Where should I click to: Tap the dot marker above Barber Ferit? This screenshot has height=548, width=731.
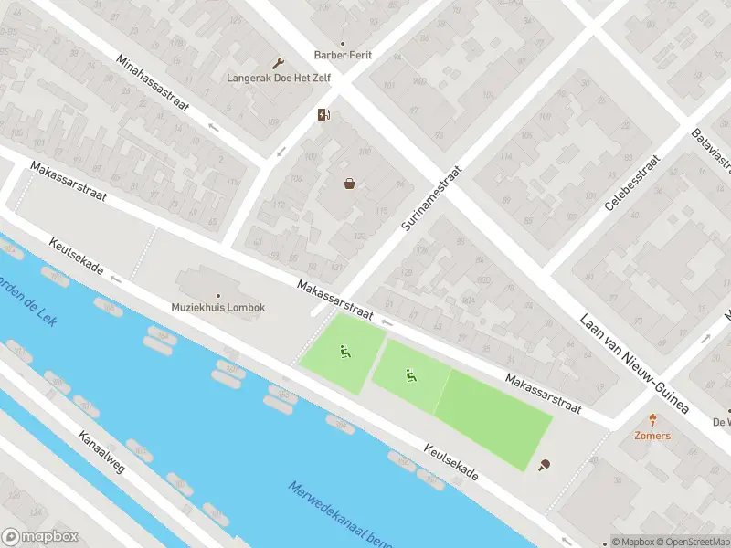click(344, 43)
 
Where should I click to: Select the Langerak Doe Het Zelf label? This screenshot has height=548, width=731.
click(279, 78)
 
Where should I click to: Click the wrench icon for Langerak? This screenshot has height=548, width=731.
click(279, 63)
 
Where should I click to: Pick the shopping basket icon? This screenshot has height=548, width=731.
click(349, 184)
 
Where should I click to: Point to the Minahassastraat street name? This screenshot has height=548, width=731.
click(152, 82)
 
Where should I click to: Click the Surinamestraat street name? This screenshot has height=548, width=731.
click(433, 196)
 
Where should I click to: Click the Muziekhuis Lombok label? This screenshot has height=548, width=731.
click(217, 308)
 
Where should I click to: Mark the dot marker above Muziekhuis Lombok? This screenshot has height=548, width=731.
click(217, 295)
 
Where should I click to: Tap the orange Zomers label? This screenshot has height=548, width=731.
click(652, 436)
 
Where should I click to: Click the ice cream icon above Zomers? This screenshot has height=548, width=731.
click(652, 421)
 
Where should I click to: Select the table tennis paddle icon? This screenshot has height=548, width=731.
click(546, 466)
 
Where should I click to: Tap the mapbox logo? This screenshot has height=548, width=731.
click(40, 537)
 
